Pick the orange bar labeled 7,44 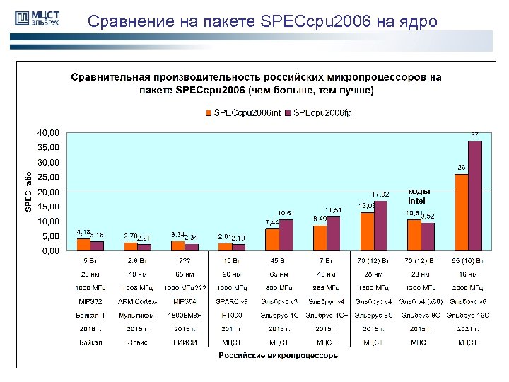pos(272,239)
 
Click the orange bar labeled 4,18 pos(83,244)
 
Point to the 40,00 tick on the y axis pos(49,133)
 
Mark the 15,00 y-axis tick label pos(49,207)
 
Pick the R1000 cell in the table pos(232,316)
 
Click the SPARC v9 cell pos(232,302)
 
